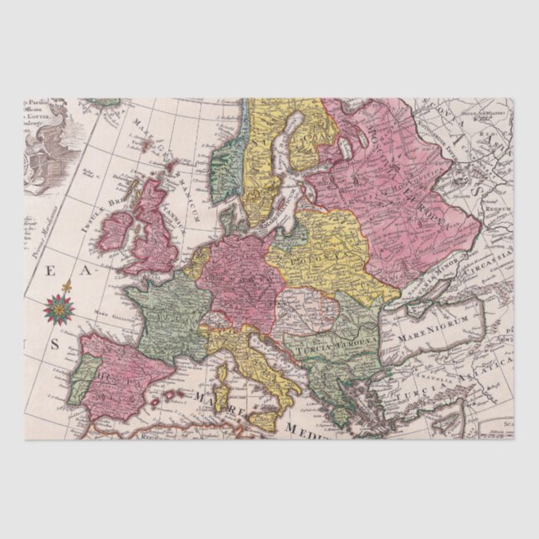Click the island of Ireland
coord(116,230)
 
